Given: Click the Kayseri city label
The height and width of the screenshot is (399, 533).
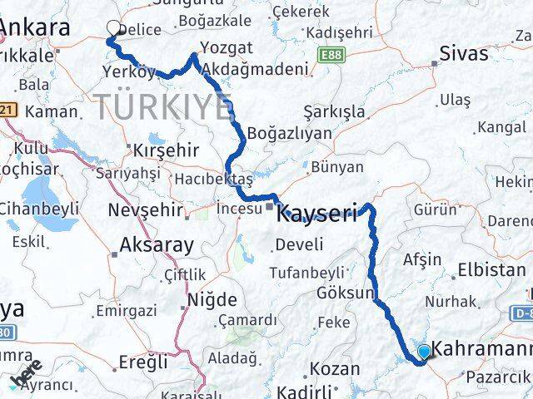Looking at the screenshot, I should coord(317,213).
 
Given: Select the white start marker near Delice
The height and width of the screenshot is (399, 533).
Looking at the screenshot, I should coord(114,28).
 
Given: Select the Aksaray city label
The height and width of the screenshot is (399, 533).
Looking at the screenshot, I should coord(157,244).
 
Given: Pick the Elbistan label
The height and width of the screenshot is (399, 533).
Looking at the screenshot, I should coord(492,270).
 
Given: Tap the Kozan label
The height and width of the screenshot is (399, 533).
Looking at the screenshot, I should coord(336,368).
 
